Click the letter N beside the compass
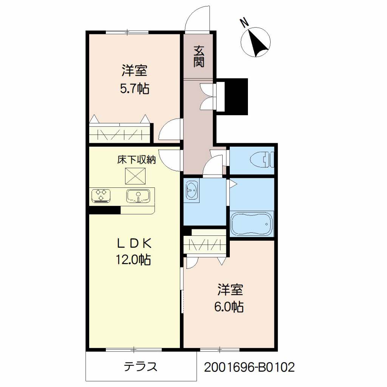(x=245, y=23)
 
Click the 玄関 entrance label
(x=199, y=56)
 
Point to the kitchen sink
(x=138, y=196)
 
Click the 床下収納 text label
(x=136, y=160)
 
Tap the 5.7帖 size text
(x=135, y=88)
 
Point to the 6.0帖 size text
(x=229, y=307)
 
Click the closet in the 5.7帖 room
(x=120, y=133)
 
